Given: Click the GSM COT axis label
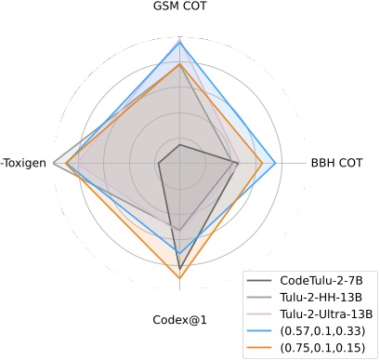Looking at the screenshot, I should [179, 7].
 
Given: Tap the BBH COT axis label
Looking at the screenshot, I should [336, 165].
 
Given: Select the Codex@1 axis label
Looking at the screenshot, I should [179, 320].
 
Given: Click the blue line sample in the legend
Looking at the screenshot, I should [261, 331].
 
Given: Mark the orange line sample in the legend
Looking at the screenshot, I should [261, 348].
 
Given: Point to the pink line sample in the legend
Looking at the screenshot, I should [261, 314].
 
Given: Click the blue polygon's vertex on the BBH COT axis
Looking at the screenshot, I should [276, 165].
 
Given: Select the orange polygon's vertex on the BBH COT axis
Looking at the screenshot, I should [263, 165].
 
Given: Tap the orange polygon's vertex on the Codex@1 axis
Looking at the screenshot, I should [179, 278].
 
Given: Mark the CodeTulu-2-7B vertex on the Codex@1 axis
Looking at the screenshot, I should [179, 269].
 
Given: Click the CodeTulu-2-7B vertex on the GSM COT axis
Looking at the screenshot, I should [179, 145].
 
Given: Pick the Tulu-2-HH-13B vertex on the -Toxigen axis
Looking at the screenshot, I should [56, 165].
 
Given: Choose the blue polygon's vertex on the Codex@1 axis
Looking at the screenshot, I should [179, 253].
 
